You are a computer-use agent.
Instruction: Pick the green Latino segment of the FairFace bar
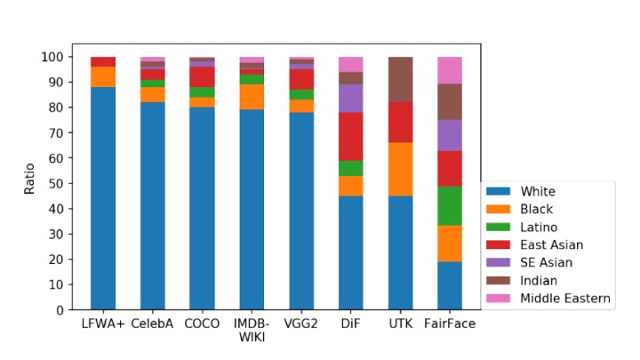tap(451, 205)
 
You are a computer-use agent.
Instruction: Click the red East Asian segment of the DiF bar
tap(351, 136)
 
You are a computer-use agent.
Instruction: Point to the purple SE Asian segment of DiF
tap(351, 98)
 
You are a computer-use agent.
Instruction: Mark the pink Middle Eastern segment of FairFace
tap(451, 69)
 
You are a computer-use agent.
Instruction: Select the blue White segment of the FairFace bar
tap(451, 285)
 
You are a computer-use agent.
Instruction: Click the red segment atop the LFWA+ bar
tap(103, 61)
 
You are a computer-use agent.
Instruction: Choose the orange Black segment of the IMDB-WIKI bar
tap(252, 97)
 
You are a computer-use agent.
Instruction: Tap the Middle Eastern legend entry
tap(565, 298)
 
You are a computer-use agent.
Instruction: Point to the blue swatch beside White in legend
tap(500, 191)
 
